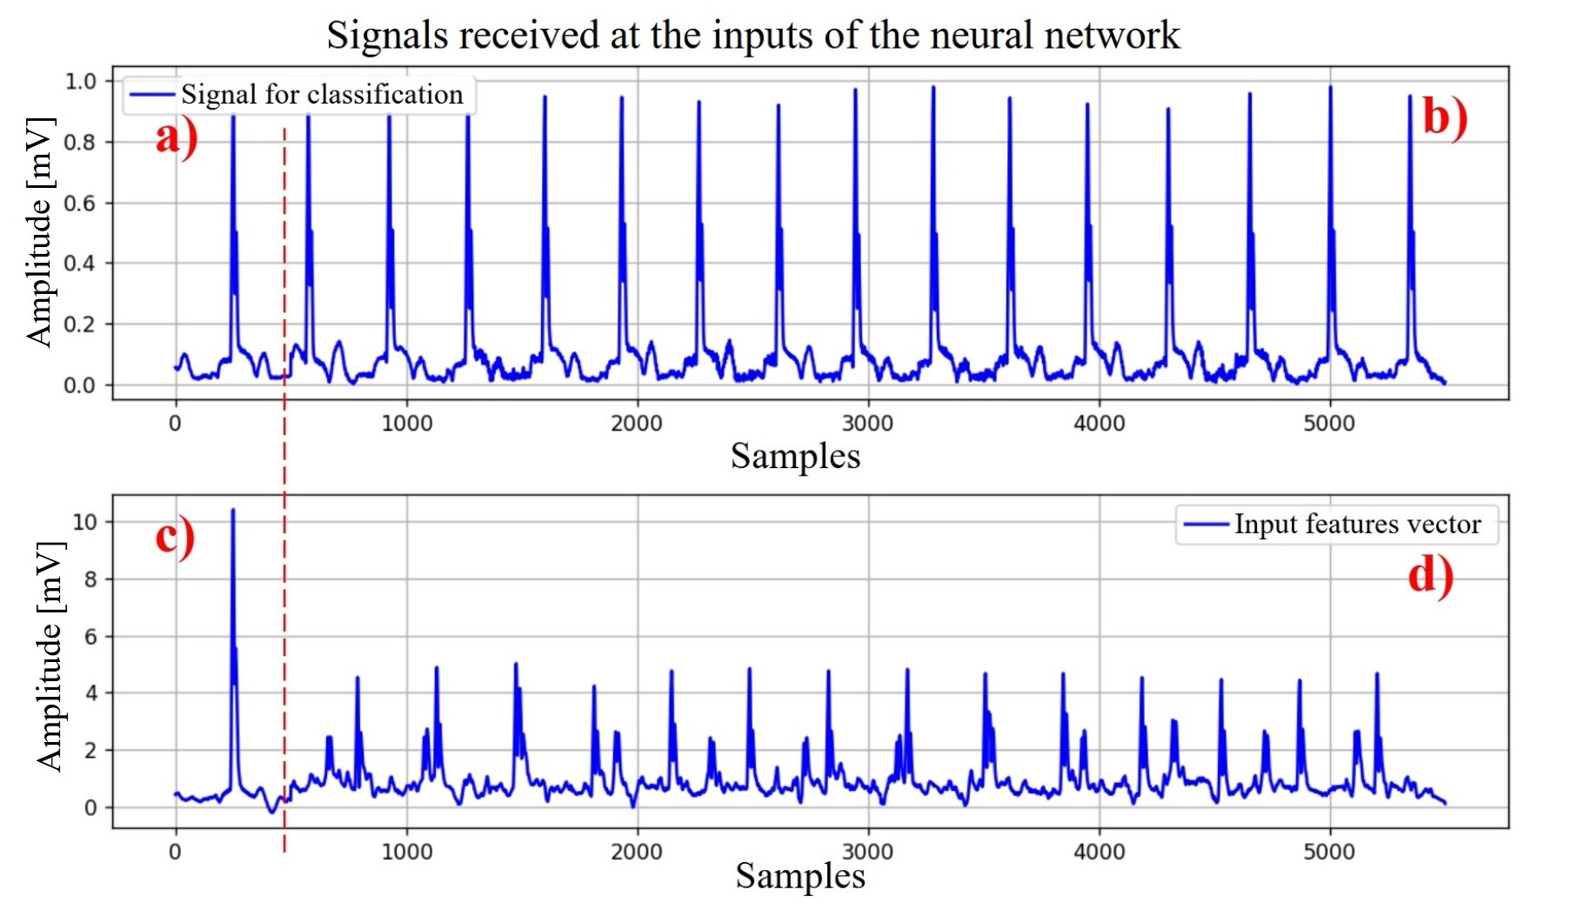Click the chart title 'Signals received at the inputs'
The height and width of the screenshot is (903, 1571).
[x=752, y=36]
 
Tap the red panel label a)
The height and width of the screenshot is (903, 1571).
[x=177, y=137]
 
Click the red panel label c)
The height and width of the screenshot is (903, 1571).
[x=175, y=537]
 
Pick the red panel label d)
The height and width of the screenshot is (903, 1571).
[x=1430, y=576]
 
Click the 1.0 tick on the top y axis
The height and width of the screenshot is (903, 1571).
[x=81, y=82]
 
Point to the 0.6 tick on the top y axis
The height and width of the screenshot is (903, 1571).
[x=81, y=203]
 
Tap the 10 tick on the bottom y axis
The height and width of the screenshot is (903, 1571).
[x=85, y=522]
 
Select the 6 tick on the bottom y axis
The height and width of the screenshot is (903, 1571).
[x=90, y=637]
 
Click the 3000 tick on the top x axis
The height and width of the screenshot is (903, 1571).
[x=867, y=424]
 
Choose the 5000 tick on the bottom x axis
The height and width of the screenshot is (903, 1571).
[x=1329, y=852]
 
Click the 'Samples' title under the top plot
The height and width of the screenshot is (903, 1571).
[x=795, y=457]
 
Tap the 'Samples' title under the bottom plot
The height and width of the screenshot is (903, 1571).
[x=799, y=876]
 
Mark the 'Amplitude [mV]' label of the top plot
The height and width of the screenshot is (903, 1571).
[x=40, y=232]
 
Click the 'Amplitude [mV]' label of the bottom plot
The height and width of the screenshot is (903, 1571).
[x=50, y=656]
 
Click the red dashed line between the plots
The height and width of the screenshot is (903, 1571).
[x=284, y=452]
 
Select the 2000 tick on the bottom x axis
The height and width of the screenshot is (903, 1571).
[x=637, y=852]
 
